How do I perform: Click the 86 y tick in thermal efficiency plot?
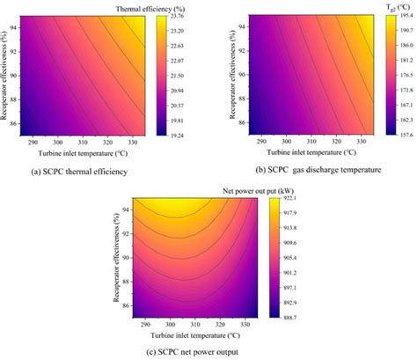click(x=17, y=124)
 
